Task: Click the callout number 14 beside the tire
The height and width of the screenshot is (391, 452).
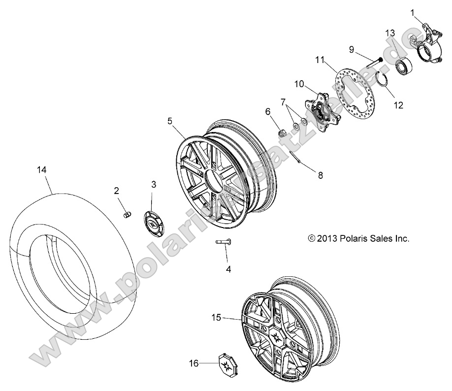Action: [41, 169]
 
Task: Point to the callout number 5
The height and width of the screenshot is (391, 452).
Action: [170, 120]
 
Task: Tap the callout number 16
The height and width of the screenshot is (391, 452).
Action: [194, 363]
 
